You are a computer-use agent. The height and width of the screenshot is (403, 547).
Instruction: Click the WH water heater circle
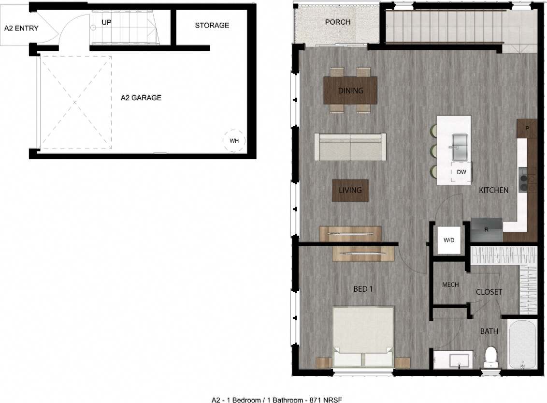[234, 141]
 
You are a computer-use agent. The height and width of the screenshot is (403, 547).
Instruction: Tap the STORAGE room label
[212, 25]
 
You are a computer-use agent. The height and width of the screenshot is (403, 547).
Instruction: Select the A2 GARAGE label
[141, 98]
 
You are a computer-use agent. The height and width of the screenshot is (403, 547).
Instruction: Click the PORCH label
[338, 22]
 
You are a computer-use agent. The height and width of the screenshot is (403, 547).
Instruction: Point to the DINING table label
[351, 90]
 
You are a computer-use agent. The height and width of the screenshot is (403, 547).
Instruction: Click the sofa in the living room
[350, 147]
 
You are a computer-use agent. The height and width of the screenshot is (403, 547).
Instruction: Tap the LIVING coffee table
[350, 190]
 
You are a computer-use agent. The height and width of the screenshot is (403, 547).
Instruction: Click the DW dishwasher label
[461, 172]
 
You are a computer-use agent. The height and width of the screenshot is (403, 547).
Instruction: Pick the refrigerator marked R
[487, 230]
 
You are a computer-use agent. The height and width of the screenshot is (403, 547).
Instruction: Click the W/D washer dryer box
[448, 239]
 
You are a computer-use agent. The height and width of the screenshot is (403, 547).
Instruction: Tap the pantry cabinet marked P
[527, 128]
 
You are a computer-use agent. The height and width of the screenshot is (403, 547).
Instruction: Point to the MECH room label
[450, 285]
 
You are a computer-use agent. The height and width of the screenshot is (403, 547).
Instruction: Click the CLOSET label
[489, 292]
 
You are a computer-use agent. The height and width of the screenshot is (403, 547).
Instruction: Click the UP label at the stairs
[107, 22]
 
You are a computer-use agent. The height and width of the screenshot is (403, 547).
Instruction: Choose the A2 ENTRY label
[21, 29]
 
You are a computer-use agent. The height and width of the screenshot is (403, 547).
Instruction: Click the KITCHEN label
[493, 190]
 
